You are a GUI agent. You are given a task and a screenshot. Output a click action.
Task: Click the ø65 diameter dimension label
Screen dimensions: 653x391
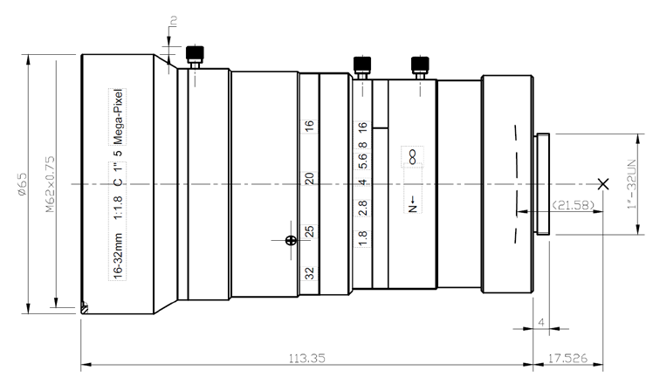pyautogui.click(x=22, y=184)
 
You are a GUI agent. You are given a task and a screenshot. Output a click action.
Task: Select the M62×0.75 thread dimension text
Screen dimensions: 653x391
pyautogui.click(x=50, y=184)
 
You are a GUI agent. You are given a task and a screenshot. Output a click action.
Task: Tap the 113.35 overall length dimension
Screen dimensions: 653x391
pyautogui.click(x=307, y=358)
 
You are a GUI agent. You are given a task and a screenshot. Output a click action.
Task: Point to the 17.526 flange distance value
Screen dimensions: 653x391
pyautogui.click(x=567, y=358)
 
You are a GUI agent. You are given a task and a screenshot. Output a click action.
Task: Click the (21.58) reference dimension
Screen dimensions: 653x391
pyautogui.click(x=573, y=205)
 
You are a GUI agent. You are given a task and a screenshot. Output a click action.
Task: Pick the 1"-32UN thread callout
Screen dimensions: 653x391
pyautogui.click(x=632, y=183)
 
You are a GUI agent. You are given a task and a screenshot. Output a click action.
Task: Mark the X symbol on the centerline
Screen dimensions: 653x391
pyautogui.click(x=603, y=183)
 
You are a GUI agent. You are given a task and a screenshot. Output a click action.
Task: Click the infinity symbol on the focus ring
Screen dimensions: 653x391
pyautogui.click(x=412, y=157)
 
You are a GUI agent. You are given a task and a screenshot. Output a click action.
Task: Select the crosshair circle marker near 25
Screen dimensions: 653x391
pyautogui.click(x=291, y=240)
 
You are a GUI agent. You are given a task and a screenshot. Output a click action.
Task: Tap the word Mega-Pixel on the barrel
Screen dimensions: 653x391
pyautogui.click(x=118, y=117)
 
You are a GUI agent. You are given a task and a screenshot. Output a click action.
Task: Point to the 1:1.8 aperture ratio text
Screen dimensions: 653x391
pyautogui.click(x=118, y=208)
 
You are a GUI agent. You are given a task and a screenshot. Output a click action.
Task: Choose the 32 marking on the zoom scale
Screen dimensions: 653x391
pyautogui.click(x=309, y=273)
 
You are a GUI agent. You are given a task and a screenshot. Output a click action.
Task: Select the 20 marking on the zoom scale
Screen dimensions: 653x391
pyautogui.click(x=309, y=179)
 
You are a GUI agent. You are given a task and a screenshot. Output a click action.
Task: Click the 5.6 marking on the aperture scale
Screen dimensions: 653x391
pyautogui.click(x=362, y=161)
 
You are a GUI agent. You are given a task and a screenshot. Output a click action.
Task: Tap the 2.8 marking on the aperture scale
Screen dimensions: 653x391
pyautogui.click(x=362, y=208)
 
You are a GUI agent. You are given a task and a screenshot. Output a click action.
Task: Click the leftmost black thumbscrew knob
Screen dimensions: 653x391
pyautogui.click(x=195, y=53)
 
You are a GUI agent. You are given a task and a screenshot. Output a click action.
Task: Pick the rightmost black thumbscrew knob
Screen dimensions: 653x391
pyautogui.click(x=420, y=65)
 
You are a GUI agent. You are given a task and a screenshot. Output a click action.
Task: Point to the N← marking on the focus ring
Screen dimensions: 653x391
pyautogui.click(x=413, y=203)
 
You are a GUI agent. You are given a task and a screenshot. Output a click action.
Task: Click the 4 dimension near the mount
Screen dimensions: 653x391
pyautogui.click(x=541, y=322)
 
